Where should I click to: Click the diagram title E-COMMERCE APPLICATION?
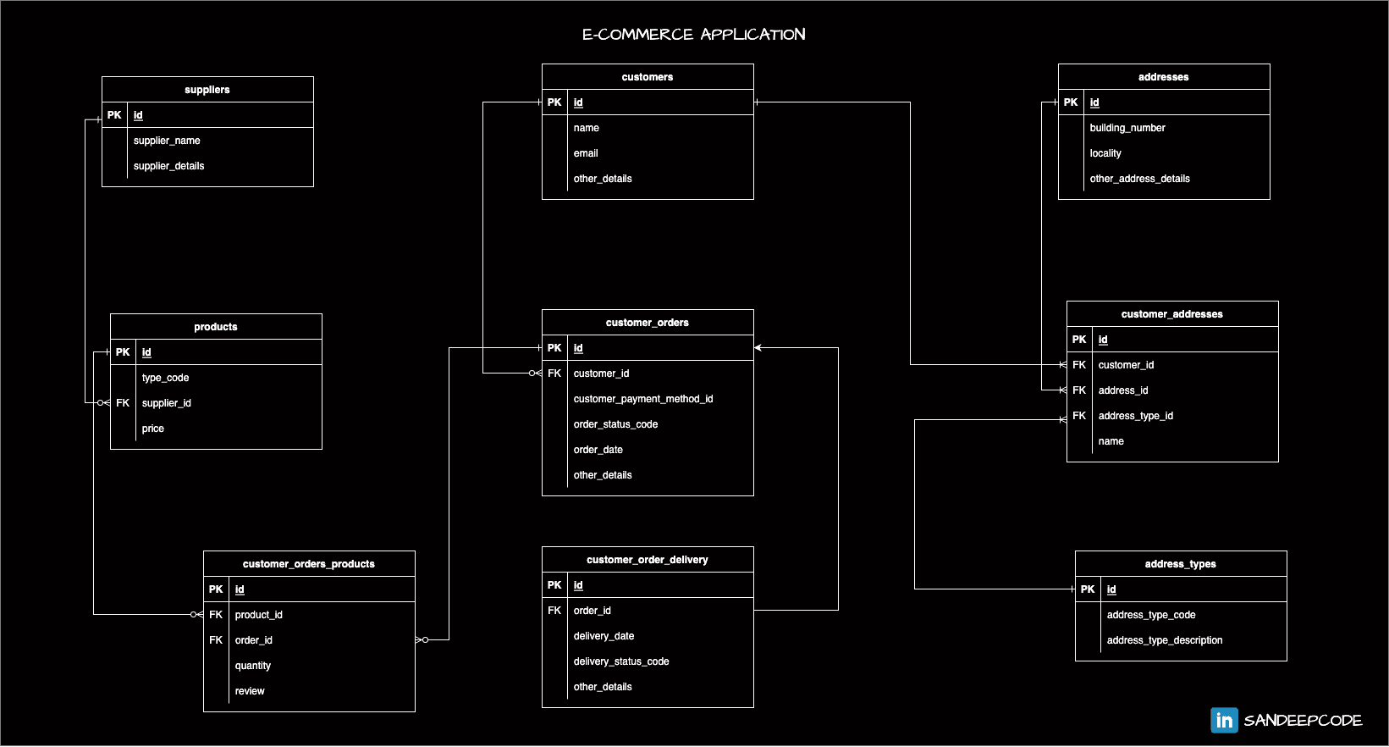(693, 35)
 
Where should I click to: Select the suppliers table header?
(207, 90)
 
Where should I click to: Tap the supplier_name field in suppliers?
(167, 141)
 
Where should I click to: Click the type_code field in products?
(165, 378)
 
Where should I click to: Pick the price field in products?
(153, 429)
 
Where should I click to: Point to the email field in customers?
(586, 153)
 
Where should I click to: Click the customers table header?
(648, 77)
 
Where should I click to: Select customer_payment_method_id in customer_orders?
(643, 399)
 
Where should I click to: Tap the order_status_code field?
(615, 424)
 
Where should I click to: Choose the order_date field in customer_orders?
(598, 450)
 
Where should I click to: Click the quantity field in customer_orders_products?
(253, 666)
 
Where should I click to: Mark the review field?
(250, 691)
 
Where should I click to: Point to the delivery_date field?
(604, 636)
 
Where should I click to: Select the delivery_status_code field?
(621, 661)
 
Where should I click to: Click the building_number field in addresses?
(1127, 128)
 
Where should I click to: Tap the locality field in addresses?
(1105, 153)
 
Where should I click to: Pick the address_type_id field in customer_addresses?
(1136, 416)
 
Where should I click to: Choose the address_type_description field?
(1165, 640)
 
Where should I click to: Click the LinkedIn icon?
(1224, 720)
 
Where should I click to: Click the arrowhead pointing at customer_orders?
(758, 348)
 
